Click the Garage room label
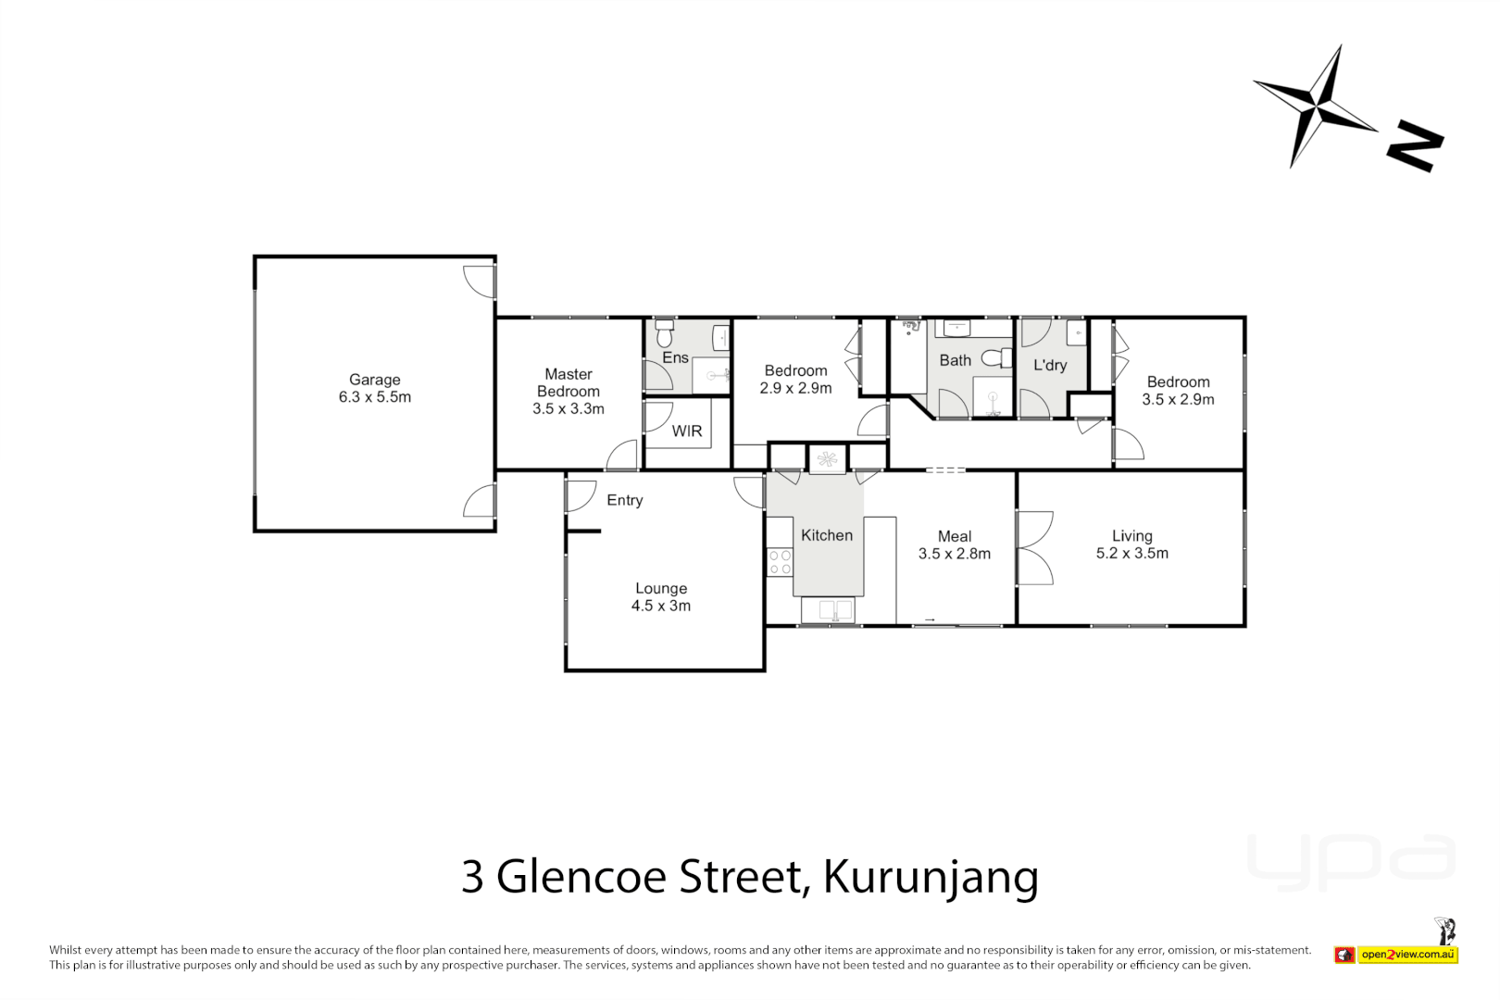374,380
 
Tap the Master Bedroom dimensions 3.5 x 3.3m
568,408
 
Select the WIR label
687,431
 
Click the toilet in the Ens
664,332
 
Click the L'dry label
1050,365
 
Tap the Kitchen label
826,535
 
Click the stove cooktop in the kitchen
780,562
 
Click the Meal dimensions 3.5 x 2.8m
954,554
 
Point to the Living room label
1131,536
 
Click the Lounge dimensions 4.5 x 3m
660,606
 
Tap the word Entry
624,500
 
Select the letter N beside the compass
1414,145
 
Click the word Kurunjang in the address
931,876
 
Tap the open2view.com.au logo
1406,954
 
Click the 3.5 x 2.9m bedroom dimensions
1178,399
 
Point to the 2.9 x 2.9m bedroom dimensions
795,388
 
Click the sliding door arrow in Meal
930,619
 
